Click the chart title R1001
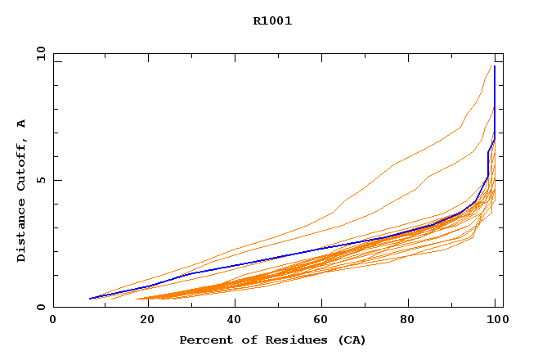click(x=272, y=21)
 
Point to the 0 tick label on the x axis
click(x=54, y=320)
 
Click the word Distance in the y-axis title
click(x=21, y=232)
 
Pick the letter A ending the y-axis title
click(x=21, y=124)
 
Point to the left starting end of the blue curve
click(x=90, y=299)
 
